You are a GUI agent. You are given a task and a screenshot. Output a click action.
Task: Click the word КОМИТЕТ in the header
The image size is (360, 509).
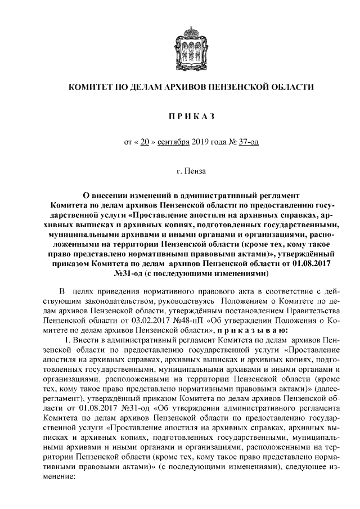(91, 88)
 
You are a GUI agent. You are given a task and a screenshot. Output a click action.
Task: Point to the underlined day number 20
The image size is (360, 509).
(144, 142)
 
